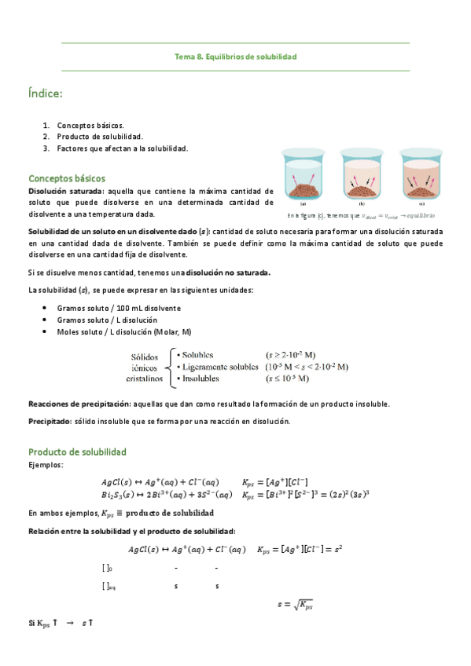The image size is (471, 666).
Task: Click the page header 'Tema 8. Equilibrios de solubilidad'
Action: point(235,57)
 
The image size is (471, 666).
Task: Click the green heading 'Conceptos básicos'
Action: point(67,178)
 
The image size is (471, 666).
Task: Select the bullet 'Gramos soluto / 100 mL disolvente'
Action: point(119,308)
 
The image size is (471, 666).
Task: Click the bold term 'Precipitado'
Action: point(50,421)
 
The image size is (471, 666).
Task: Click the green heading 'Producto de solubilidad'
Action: point(77,452)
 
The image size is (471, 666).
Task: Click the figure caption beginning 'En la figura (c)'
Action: point(361,215)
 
